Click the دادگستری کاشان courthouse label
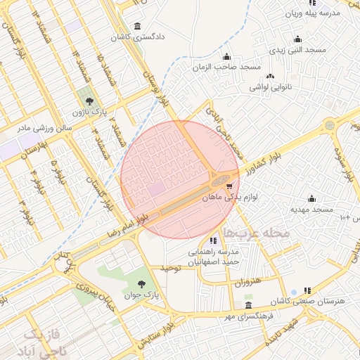click(x=141, y=35)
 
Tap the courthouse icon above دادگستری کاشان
click(x=136, y=25)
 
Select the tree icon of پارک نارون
click(x=88, y=102)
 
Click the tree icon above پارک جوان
click(x=143, y=284)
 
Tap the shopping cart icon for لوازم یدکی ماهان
click(x=230, y=186)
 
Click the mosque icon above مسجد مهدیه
click(x=311, y=199)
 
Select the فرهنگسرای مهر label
click(x=250, y=316)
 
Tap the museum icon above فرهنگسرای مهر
click(x=248, y=305)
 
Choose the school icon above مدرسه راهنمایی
click(x=213, y=240)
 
